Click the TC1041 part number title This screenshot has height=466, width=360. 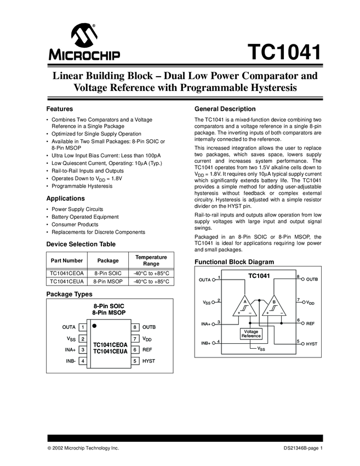(283, 53)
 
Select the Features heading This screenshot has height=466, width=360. (60, 109)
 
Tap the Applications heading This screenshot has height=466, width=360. (66, 198)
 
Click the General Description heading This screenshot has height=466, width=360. (225, 109)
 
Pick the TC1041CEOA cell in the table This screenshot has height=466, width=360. (67, 273)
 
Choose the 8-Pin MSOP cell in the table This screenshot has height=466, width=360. (108, 281)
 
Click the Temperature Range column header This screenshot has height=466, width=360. (151, 260)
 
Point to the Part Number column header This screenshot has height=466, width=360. (67, 260)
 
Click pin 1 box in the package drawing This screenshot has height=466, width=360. (82, 327)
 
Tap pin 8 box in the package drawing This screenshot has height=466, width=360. (135, 327)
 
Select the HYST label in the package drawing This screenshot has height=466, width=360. (148, 361)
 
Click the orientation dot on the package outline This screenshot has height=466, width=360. (95, 326)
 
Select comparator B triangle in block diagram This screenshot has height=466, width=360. (273, 308)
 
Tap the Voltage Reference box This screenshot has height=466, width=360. (252, 333)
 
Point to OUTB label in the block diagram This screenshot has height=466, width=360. (312, 280)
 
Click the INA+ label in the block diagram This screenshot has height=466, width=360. (207, 323)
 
